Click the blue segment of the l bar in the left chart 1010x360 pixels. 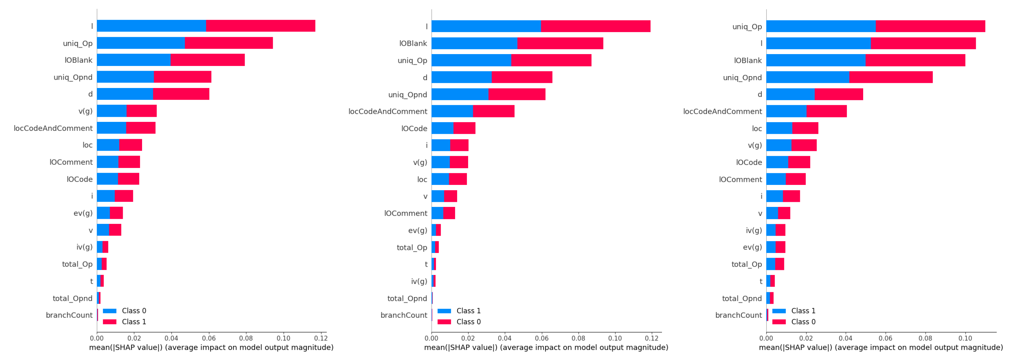151,26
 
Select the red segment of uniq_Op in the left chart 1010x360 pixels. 229,43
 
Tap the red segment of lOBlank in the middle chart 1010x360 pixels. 560,43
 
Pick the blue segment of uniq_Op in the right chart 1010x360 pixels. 821,26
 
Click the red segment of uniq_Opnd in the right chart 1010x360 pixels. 891,77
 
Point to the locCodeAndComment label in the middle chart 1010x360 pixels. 388,111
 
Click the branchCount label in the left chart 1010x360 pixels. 69,315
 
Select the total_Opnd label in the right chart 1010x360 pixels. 742,298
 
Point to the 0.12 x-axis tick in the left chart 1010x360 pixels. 321,338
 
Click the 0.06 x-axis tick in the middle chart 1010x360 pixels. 542,338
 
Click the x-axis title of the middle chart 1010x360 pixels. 546,348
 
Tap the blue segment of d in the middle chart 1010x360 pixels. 462,77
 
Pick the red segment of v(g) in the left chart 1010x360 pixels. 141,111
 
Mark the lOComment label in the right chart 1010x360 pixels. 740,180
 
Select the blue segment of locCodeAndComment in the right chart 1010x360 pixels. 786,111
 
